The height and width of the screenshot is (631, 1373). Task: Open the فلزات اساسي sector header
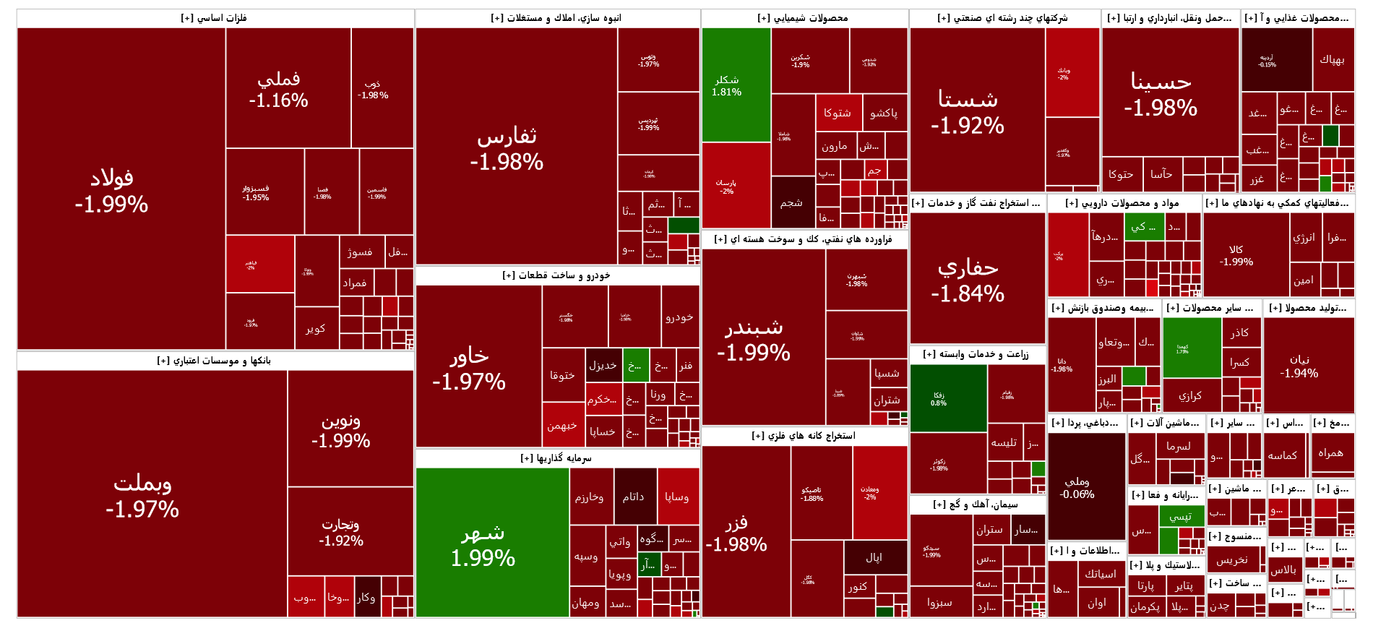point(214,18)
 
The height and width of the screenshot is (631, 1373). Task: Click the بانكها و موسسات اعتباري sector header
point(214,361)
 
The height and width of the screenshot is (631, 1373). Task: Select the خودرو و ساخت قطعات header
point(556,275)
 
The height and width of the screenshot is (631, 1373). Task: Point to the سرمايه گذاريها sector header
point(556,458)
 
